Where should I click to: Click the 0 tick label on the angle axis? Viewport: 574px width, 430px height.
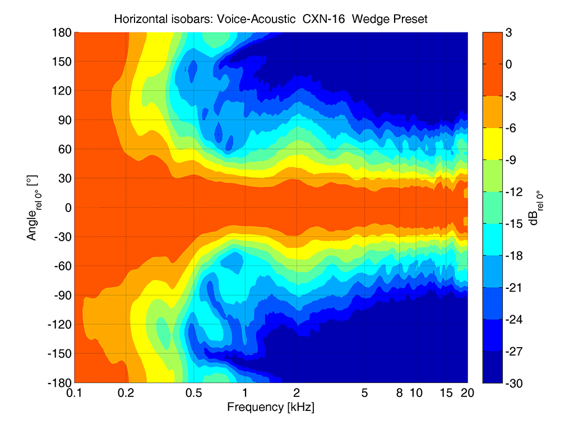pyautogui.click(x=67, y=208)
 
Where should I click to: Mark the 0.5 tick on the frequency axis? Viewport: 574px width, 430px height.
pyautogui.click(x=194, y=393)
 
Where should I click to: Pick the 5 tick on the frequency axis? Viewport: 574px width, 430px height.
pyautogui.click(x=365, y=393)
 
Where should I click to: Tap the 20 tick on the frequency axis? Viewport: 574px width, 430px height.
pyautogui.click(x=467, y=393)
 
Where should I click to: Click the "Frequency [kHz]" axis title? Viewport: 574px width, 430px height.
pyautogui.click(x=270, y=407)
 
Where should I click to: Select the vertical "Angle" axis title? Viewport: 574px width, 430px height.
pyautogui.click(x=32, y=208)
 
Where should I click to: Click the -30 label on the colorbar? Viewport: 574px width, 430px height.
pyautogui.click(x=513, y=383)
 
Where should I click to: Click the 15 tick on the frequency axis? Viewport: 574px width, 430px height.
pyautogui.click(x=445, y=393)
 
